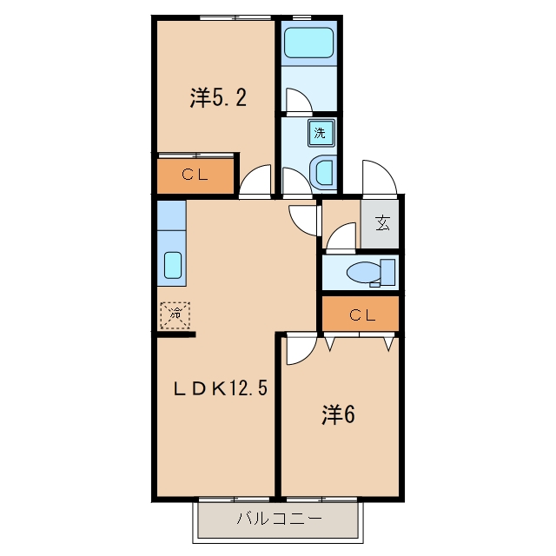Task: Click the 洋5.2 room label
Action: coord(218,97)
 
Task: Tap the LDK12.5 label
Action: coord(220,388)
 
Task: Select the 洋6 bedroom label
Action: coord(338,414)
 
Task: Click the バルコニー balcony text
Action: coord(280,519)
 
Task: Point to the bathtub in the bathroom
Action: coord(309,43)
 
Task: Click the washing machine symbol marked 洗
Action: coord(321,133)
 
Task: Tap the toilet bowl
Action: coord(363,273)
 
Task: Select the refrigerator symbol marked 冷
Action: coord(175,315)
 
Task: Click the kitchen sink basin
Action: coord(173,265)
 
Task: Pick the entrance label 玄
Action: coord(382,223)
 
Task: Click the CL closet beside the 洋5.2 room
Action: coord(195,175)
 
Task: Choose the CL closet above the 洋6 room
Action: coord(361,314)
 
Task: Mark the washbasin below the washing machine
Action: coord(322,173)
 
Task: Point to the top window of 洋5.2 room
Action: coord(235,17)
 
